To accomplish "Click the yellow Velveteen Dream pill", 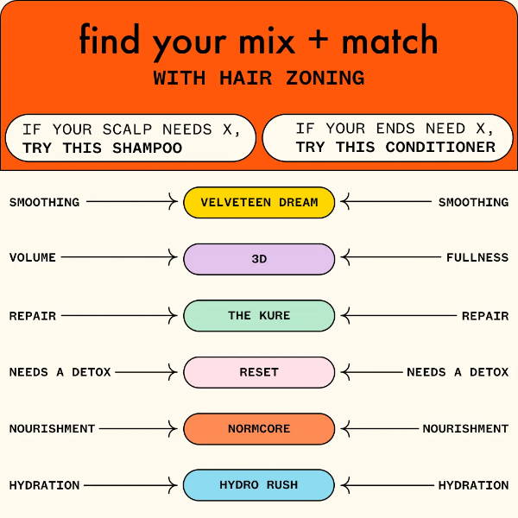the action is point(259,202).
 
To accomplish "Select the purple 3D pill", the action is point(259,259).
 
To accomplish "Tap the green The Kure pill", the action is point(259,315).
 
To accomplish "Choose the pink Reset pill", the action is point(259,372).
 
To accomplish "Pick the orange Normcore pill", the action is point(259,429).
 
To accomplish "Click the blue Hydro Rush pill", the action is point(259,485).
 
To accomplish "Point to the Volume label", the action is point(33,257).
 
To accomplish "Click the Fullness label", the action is point(477,257).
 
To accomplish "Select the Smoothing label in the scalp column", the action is point(44,202).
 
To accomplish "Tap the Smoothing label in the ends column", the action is point(473,202).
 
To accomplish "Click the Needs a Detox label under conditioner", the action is point(458,372).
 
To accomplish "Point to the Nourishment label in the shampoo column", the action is point(52,429).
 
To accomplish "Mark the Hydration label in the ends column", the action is point(473,485).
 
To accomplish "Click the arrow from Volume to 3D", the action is point(119,257).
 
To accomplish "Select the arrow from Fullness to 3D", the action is point(391,257).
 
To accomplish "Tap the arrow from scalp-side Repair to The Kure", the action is point(119,315).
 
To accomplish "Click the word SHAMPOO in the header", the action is point(148,148).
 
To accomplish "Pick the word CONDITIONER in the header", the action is point(440,148).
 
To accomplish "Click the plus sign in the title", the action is point(318,41).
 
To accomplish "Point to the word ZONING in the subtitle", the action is point(325,79).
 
